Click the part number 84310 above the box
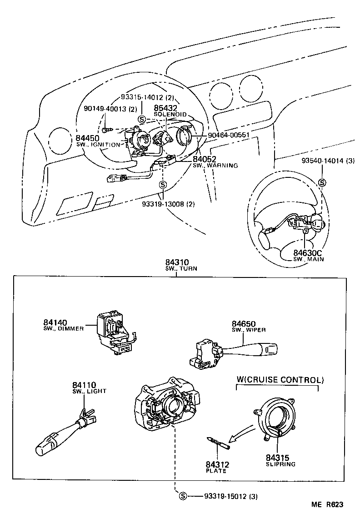click(x=177, y=262)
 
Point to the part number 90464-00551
click(x=229, y=135)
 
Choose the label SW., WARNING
click(x=215, y=166)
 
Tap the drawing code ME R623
click(x=327, y=504)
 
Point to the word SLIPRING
click(x=280, y=464)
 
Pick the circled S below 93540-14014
click(x=322, y=182)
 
